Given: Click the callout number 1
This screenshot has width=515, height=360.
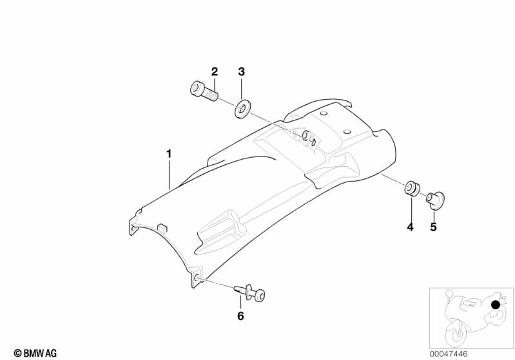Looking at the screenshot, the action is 169,154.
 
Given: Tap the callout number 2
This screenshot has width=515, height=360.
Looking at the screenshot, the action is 215,71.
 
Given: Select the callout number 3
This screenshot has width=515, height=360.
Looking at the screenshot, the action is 241,71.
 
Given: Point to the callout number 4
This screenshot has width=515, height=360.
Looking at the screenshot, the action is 409,227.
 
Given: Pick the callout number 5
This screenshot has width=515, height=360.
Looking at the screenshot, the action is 433,227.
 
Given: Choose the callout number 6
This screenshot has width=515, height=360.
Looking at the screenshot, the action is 240,316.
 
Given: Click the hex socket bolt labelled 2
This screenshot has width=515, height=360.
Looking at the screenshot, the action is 203,91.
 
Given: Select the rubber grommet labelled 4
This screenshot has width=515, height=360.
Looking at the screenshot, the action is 411,188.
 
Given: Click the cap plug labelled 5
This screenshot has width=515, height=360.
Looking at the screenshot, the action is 436,199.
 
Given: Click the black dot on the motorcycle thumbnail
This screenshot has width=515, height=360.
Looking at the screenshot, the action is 495,305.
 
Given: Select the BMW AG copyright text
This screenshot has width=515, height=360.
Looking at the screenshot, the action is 35,353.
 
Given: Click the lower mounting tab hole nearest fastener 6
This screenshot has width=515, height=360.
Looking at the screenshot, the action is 196,279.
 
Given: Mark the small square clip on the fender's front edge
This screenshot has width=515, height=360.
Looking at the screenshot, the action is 162,225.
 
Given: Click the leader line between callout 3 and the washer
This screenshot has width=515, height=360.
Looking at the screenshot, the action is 241,89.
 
